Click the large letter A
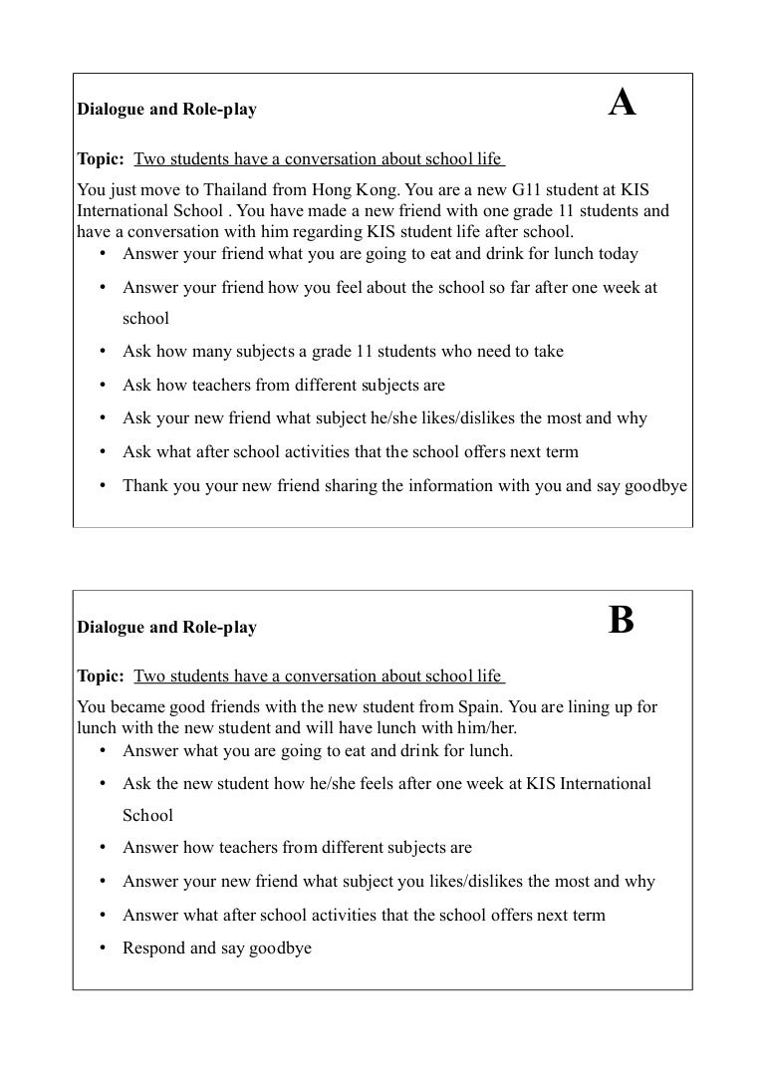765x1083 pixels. click(x=622, y=104)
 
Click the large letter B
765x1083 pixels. click(x=621, y=621)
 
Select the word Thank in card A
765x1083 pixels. click(x=145, y=485)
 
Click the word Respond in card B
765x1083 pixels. click(x=153, y=948)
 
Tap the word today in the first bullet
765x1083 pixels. click(x=617, y=253)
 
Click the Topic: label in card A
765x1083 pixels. click(x=101, y=159)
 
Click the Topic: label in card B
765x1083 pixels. click(x=101, y=677)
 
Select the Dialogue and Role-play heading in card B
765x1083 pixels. click(x=166, y=628)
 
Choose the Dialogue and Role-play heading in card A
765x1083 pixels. click(x=166, y=110)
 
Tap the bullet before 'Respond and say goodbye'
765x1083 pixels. click(x=103, y=948)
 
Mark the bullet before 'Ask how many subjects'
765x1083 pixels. click(x=103, y=352)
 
